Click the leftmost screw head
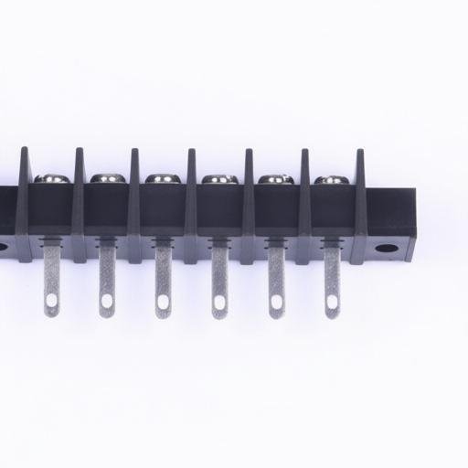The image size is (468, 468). click(x=50, y=179)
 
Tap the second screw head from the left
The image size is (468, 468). click(x=106, y=179)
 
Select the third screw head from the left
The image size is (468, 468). click(x=163, y=179)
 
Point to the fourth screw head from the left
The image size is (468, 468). click(x=218, y=179)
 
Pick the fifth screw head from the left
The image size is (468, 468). click(x=275, y=179)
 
